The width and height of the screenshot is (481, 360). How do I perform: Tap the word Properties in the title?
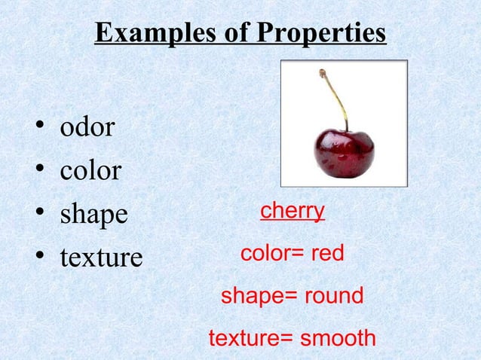coord(321,33)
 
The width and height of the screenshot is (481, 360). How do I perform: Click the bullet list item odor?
coord(87,127)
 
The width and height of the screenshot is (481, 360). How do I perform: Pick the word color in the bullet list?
coord(90,171)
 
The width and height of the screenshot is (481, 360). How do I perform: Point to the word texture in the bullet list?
coord(101,258)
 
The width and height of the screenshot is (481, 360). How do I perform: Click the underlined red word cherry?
coord(293,210)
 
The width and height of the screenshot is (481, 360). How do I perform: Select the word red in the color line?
coord(327,254)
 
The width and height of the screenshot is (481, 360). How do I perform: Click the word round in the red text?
coord(333,296)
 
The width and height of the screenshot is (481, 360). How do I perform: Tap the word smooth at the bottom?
coord(338,338)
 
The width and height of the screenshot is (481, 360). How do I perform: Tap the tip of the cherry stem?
coord(322,72)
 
